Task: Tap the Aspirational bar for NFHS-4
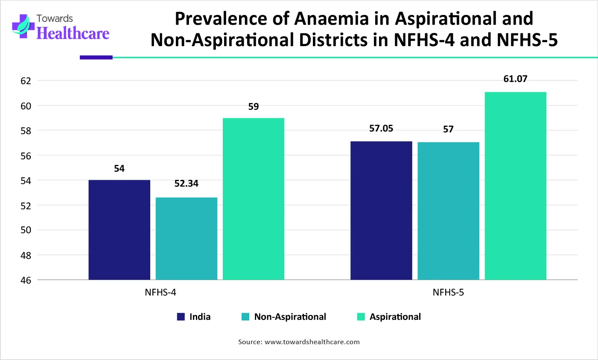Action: pos(254,199)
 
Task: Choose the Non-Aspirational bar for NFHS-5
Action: pos(448,211)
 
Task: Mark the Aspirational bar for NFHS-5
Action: pos(515,186)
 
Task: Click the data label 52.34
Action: pos(187,184)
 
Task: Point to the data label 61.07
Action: pos(515,79)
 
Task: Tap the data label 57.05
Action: pos(381,129)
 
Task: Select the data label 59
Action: pos(254,107)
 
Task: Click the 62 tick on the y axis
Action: pos(26,81)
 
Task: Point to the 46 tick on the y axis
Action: pos(26,280)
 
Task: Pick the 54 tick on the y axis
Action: pos(26,181)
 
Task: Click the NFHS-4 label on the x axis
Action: pos(160,293)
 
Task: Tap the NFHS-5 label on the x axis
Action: pos(448,293)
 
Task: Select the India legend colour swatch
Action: pos(181,317)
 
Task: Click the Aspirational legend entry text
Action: pos(395,317)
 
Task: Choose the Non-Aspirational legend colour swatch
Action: pos(245,317)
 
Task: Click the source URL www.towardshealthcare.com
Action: pos(312,342)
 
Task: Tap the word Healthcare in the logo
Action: pos(73,33)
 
